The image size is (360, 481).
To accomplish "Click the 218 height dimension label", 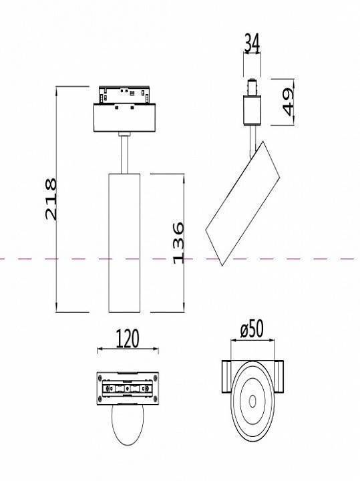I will coord(50,198).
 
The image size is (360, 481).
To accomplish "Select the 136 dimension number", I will coord(178,243).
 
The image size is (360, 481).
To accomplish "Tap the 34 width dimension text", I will coord(252,43).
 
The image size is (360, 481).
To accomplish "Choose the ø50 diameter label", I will coord(252,329).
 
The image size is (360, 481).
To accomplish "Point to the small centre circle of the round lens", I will coord(252,401).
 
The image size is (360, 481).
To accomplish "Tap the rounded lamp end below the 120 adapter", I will coord(127,428).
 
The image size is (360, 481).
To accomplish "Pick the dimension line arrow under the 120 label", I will coord(128,349).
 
